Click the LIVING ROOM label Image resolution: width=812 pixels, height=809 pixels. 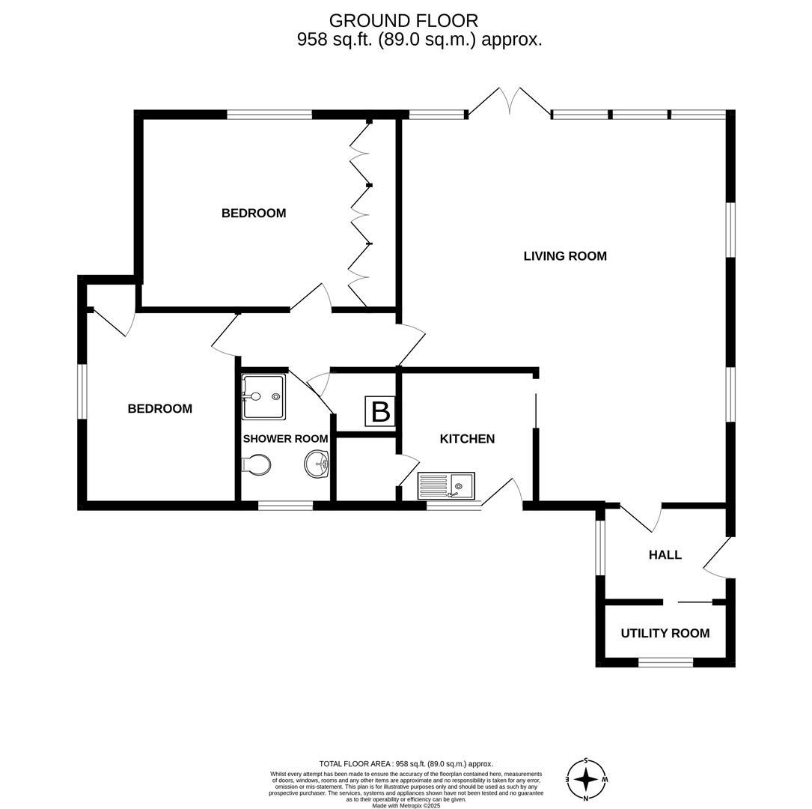click(565, 256)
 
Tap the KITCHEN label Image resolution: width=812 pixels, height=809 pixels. click(467, 439)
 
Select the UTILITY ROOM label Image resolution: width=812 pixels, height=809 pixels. click(665, 634)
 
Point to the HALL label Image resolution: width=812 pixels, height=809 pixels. click(665, 555)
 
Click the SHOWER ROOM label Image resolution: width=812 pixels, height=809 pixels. click(285, 439)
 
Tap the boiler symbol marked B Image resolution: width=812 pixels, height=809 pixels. click(380, 412)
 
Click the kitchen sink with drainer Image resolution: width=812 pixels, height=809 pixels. click(446, 486)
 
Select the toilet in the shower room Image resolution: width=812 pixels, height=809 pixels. click(256, 465)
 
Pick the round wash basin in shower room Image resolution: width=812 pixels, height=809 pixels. click(317, 464)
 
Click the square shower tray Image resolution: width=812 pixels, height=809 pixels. click(263, 397)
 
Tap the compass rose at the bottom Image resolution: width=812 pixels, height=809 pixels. click(586, 780)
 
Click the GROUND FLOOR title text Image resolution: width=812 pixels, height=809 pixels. click(403, 21)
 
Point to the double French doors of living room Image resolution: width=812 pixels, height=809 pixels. click(509, 102)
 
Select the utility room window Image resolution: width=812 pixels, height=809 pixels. click(665, 661)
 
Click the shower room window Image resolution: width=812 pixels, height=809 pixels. click(285, 506)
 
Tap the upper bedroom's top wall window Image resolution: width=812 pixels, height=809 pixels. click(269, 115)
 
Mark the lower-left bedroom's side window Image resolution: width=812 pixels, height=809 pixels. click(82, 392)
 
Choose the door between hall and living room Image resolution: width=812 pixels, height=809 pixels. click(640, 517)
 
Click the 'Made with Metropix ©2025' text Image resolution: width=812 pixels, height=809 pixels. click(406, 805)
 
